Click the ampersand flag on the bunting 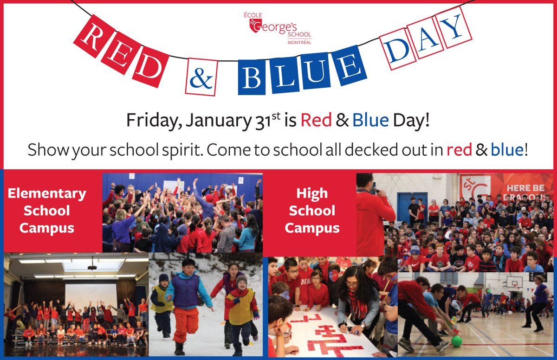pos(201,77)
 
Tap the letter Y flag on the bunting pos(455,27)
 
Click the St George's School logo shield pos(253,25)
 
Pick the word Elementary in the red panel pos(47,193)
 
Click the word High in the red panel pos(312,194)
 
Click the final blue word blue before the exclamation pos(507,150)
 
